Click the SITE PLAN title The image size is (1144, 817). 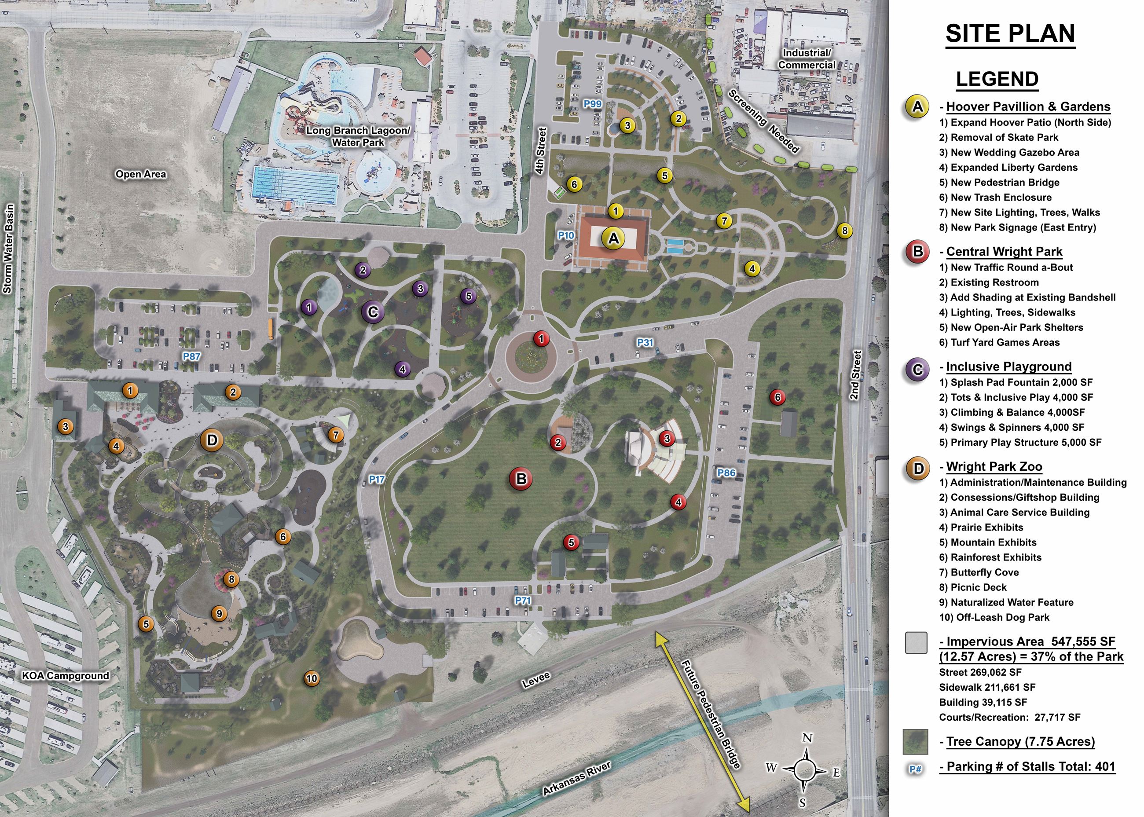(1010, 34)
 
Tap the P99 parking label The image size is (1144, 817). (593, 104)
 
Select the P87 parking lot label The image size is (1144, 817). (191, 356)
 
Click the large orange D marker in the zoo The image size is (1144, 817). (212, 440)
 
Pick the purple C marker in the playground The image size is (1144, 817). (373, 312)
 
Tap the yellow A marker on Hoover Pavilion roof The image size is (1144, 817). (613, 238)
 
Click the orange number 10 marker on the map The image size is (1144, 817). (312, 678)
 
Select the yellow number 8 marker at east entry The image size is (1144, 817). (845, 231)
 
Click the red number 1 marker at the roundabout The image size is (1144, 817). (541, 339)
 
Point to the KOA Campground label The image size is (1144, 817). (66, 675)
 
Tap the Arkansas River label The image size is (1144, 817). (576, 778)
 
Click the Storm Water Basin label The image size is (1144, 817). (8, 249)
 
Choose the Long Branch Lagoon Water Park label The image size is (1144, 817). (358, 136)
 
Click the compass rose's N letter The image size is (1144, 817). (807, 738)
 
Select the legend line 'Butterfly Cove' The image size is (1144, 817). (979, 572)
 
